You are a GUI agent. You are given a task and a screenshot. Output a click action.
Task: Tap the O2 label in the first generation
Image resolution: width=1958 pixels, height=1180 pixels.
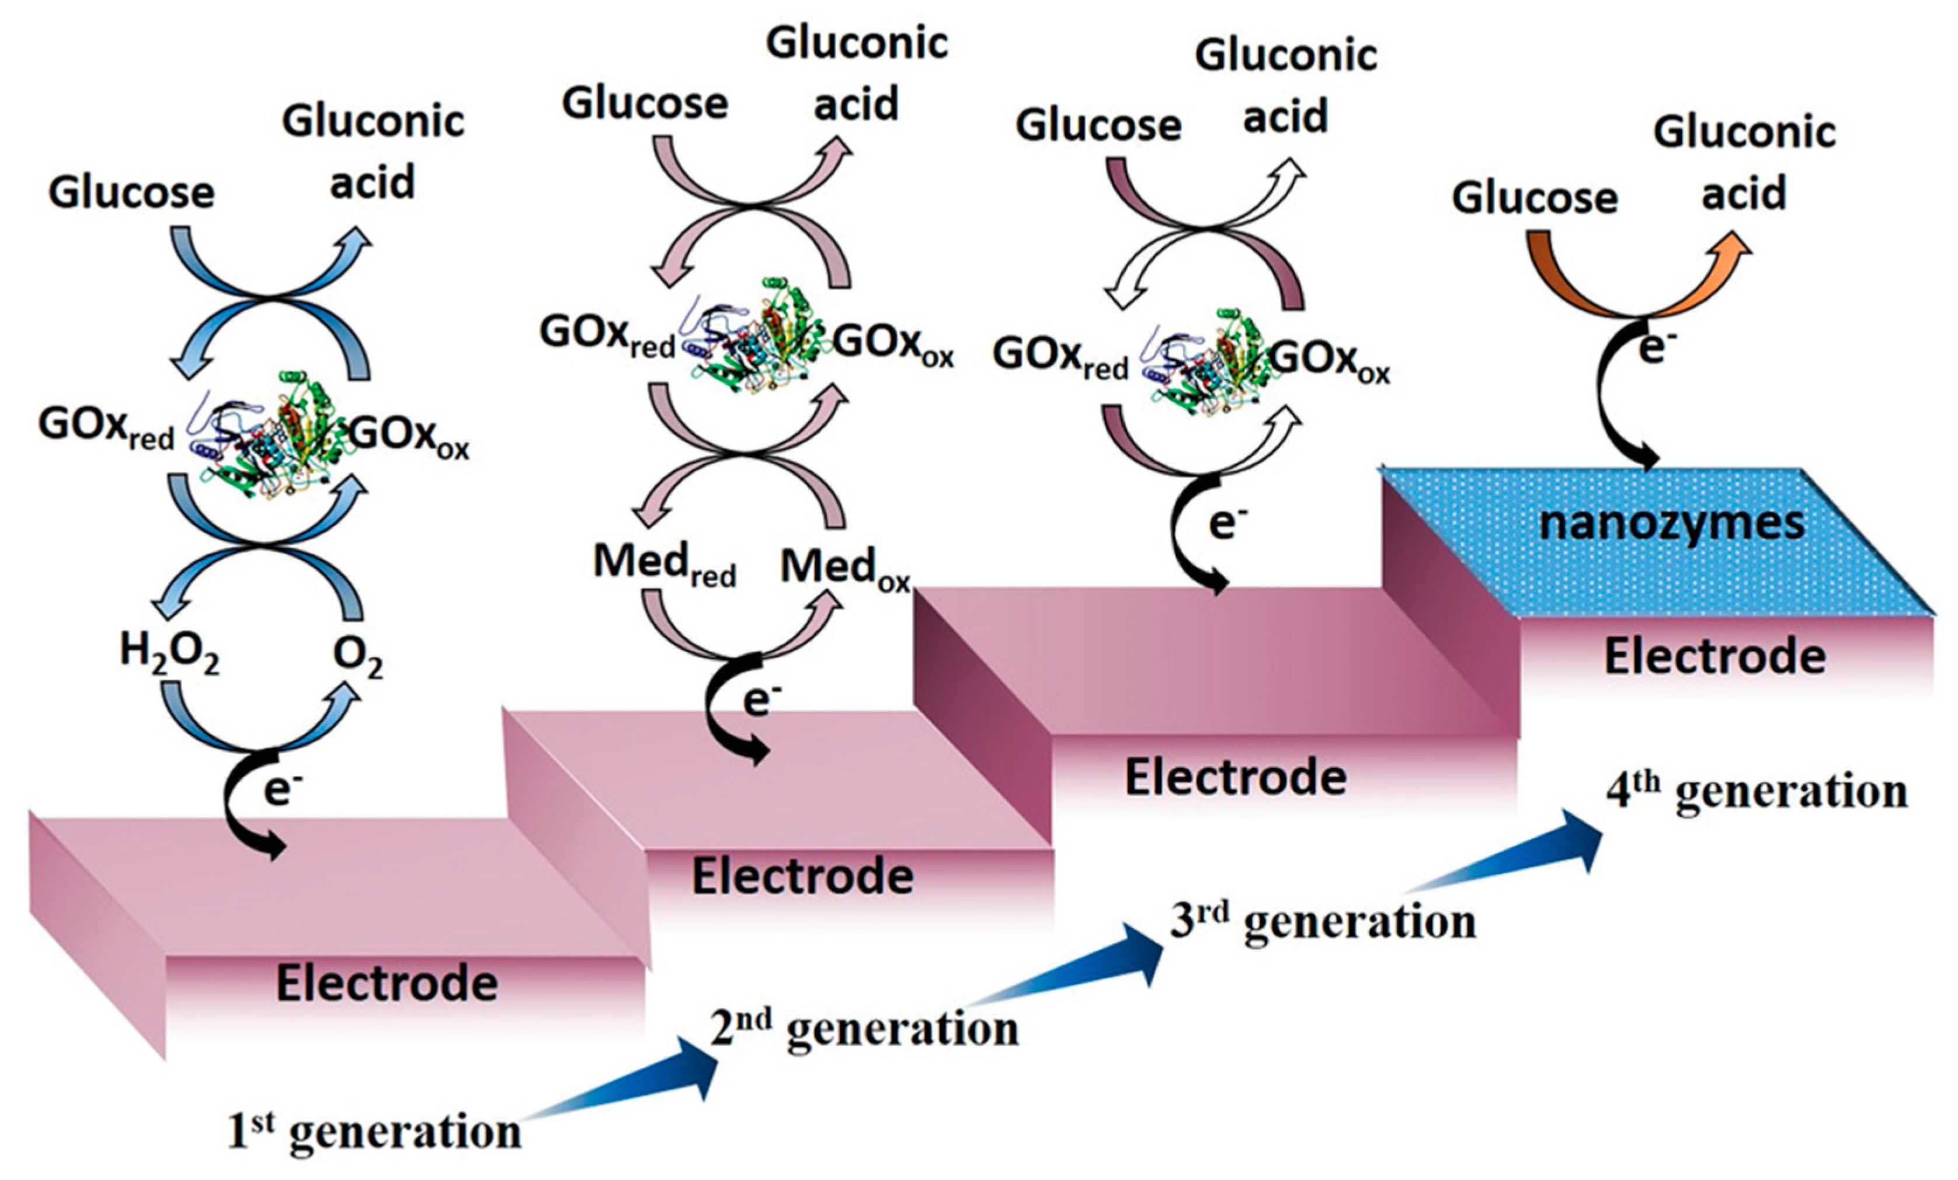coord(357,656)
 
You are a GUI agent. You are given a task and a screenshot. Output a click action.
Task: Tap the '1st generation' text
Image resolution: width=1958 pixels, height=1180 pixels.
coord(374,1132)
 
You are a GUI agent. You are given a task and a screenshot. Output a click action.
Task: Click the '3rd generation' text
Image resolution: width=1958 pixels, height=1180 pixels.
coord(1323,923)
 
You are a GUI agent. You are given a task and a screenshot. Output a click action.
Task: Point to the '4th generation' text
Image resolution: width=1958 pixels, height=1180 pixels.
coord(1756,791)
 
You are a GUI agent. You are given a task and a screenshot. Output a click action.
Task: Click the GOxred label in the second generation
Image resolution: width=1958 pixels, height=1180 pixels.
coord(607,334)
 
